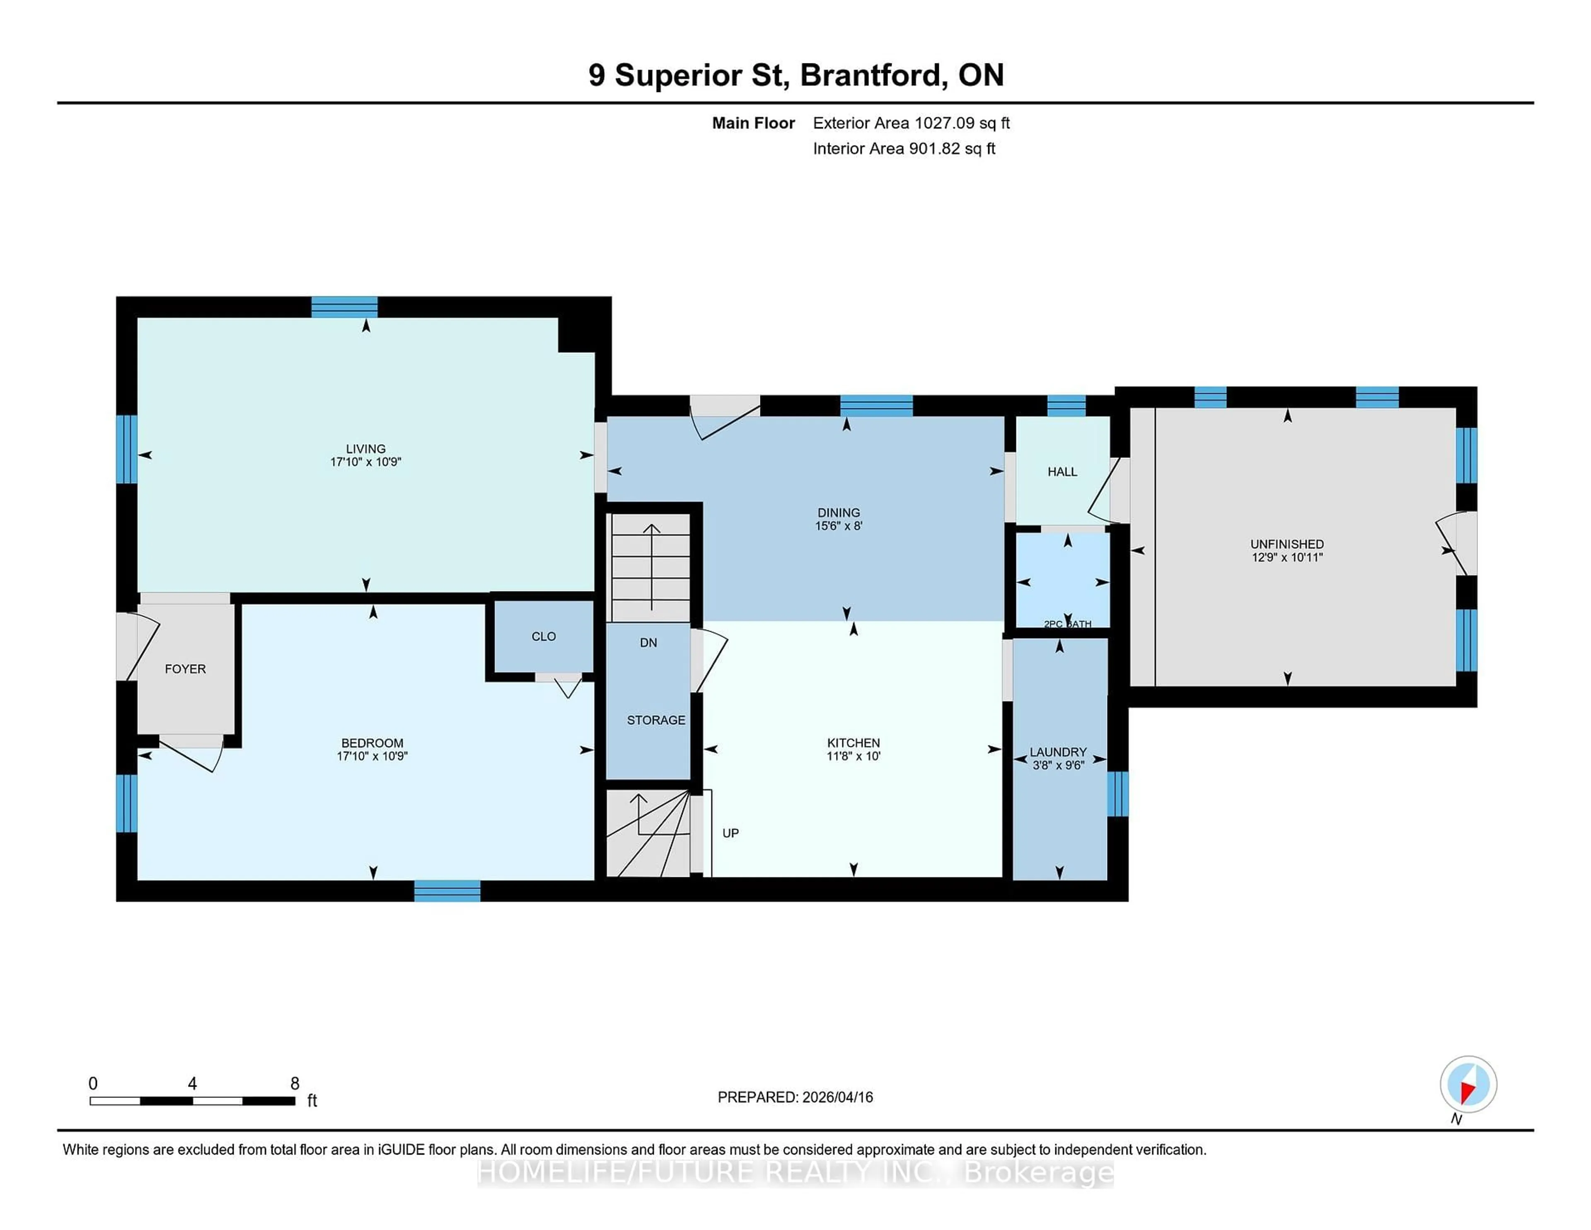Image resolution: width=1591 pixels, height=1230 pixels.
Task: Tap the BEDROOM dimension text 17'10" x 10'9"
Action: (x=372, y=756)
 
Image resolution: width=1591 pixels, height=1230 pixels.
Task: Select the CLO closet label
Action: (x=544, y=636)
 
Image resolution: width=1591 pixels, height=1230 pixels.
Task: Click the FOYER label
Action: (x=185, y=669)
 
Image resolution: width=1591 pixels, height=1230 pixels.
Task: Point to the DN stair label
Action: (x=648, y=643)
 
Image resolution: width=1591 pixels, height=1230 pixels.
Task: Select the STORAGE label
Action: (x=655, y=720)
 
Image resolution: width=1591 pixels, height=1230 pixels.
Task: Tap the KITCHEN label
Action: (x=853, y=743)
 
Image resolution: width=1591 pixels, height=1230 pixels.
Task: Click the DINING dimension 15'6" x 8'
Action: (x=839, y=525)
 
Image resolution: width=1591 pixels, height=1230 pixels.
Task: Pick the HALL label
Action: (x=1062, y=472)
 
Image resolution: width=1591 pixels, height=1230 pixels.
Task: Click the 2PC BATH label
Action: (x=1067, y=624)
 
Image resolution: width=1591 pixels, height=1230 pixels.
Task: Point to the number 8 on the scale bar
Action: (x=295, y=1084)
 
